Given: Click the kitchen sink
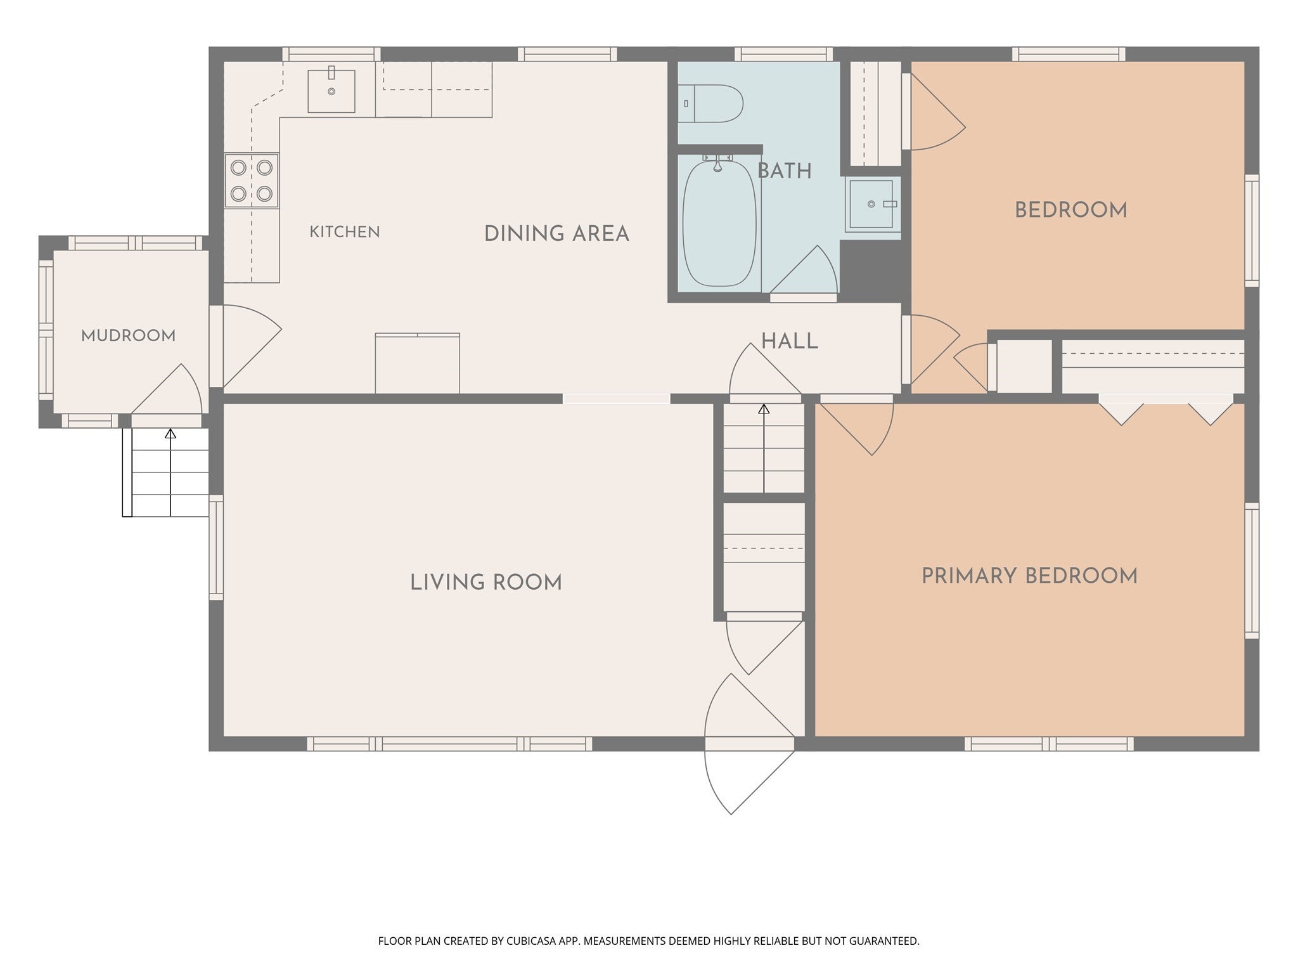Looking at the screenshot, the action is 331,91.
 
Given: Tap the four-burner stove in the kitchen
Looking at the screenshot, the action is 252,180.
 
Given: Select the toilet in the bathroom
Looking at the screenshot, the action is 710,103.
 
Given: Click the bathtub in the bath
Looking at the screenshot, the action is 719,223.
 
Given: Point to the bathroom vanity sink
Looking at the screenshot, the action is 872,204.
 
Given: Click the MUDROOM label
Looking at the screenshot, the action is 129,335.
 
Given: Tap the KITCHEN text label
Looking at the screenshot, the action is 345,232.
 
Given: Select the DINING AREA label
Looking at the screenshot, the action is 556,234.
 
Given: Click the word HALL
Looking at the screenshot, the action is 789,342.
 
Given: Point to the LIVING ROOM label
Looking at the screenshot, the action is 486,582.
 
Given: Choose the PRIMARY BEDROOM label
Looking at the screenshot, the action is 1029,576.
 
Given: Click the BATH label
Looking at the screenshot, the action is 785,171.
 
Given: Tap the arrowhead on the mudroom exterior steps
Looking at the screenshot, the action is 170,434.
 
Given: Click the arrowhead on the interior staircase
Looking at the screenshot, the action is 764,409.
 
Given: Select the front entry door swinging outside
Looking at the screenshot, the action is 749,776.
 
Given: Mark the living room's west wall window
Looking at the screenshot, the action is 216,547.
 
